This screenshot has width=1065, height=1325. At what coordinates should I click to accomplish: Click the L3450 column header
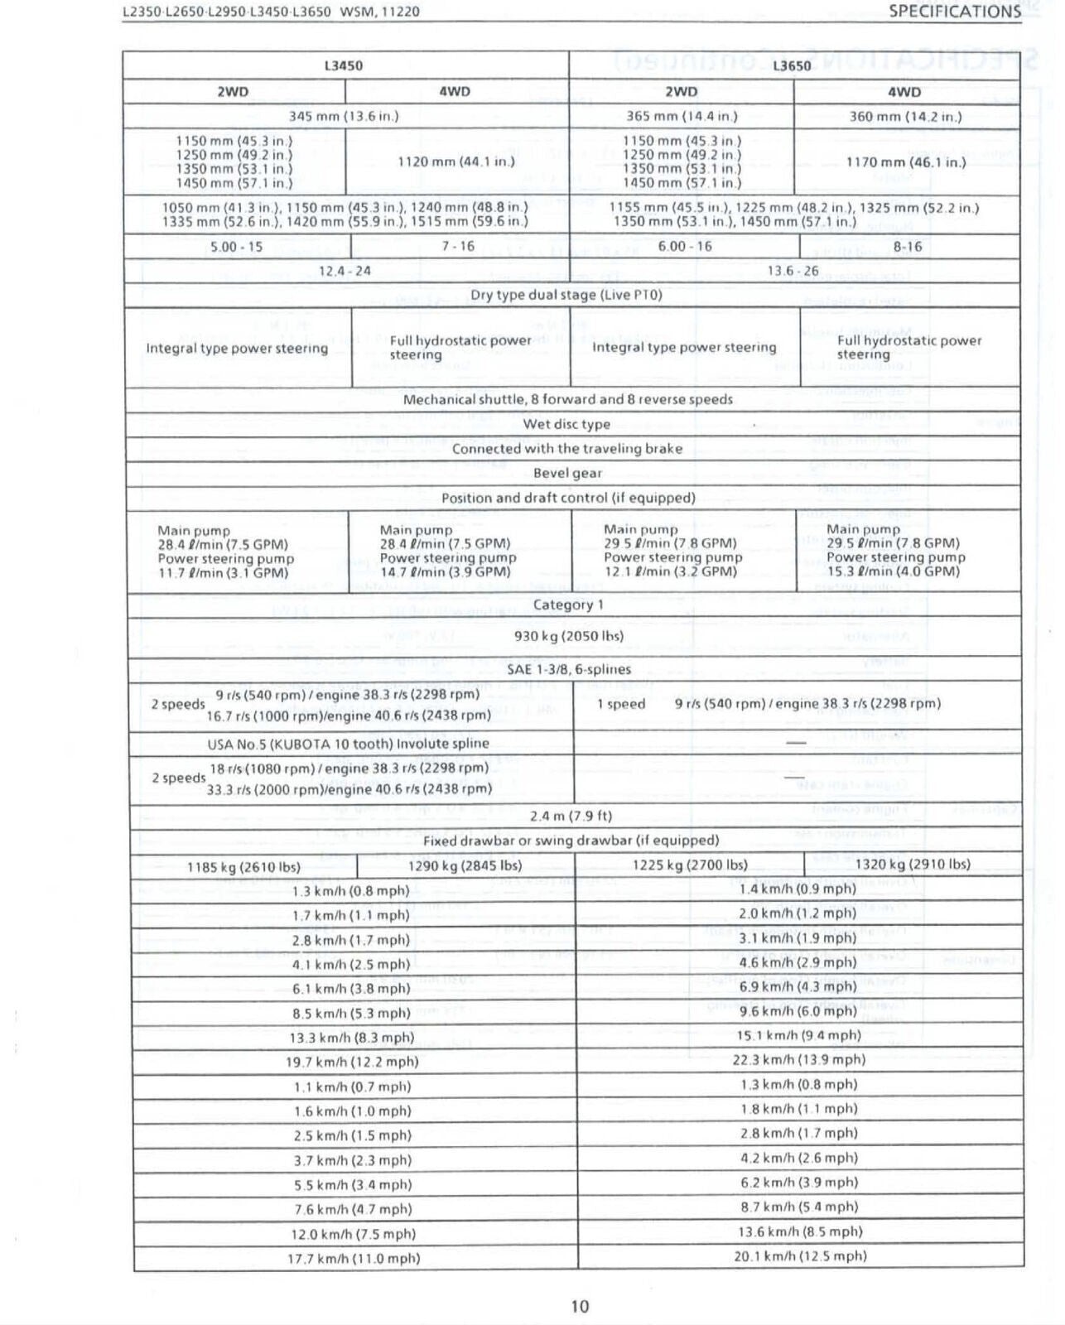point(343,65)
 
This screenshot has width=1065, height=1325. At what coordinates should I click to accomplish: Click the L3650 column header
point(792,66)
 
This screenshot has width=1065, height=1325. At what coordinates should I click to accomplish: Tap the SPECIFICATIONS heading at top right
point(954,12)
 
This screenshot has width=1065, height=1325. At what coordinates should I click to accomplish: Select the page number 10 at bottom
point(580,1306)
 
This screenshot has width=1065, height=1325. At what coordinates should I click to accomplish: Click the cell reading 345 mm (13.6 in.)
point(343,116)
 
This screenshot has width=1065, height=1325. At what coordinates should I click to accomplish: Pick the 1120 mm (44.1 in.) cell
point(455,161)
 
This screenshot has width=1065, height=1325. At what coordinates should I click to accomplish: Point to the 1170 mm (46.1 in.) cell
point(905,162)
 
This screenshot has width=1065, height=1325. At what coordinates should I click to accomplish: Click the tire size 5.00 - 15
point(236,247)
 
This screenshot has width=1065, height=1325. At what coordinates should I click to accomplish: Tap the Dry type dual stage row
point(566,295)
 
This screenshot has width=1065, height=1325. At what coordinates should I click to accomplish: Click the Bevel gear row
point(567,473)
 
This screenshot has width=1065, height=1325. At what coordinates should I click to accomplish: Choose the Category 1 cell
point(568,605)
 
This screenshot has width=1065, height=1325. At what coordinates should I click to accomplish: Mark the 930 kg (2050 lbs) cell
point(568,636)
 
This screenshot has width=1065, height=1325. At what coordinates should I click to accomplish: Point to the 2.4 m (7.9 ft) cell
point(571,816)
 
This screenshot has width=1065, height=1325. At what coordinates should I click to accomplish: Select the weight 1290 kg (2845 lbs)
point(465,865)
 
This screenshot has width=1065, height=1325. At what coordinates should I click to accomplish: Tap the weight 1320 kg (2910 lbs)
point(912,865)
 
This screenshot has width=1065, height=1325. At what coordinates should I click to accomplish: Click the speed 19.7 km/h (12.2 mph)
point(352,1062)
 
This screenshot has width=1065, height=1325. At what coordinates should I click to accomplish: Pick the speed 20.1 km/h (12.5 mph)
point(800,1256)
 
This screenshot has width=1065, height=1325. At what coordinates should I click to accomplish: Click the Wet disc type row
point(566,424)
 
